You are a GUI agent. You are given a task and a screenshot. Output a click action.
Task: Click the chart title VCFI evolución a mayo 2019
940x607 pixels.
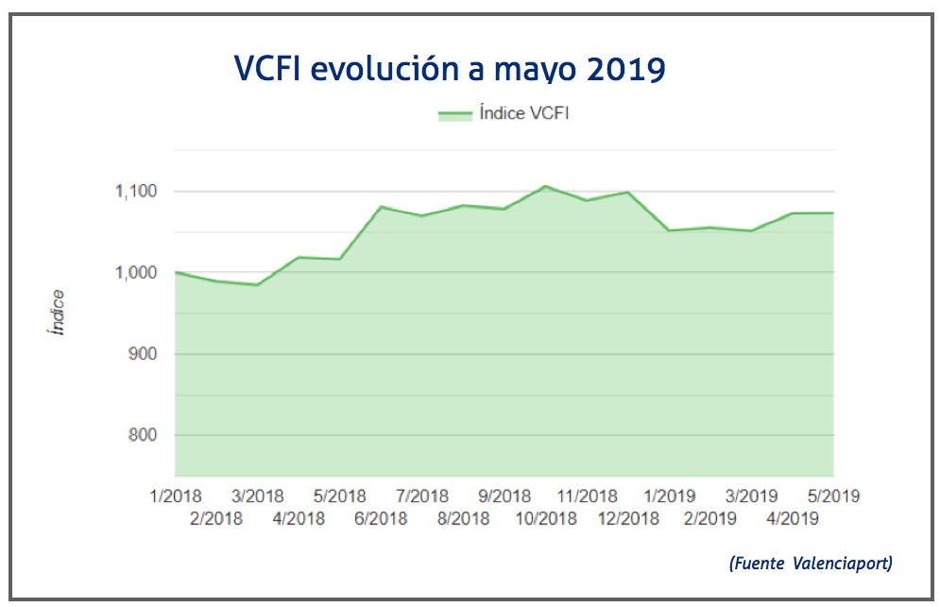(450, 69)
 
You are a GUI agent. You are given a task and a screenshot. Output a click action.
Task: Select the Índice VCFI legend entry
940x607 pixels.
(503, 114)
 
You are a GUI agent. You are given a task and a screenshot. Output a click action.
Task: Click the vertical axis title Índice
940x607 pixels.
(58, 313)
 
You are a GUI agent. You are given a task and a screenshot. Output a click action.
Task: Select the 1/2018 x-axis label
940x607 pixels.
(177, 497)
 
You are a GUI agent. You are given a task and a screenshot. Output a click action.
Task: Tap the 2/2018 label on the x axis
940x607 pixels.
(216, 518)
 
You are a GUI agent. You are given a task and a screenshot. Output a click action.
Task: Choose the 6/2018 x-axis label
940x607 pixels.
(381, 518)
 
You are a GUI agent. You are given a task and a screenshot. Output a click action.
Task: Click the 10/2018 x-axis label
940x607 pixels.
(546, 518)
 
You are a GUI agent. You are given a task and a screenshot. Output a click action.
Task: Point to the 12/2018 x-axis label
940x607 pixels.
(628, 518)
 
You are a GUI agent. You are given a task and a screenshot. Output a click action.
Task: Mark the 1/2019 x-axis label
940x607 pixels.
(670, 497)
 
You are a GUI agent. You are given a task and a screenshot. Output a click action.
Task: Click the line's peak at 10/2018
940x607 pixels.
(546, 187)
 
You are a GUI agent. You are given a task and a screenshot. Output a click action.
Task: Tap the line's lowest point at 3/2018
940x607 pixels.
(257, 284)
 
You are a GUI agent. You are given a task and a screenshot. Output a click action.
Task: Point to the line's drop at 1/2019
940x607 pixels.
(669, 230)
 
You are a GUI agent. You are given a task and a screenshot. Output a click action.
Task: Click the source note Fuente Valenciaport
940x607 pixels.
(811, 564)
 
